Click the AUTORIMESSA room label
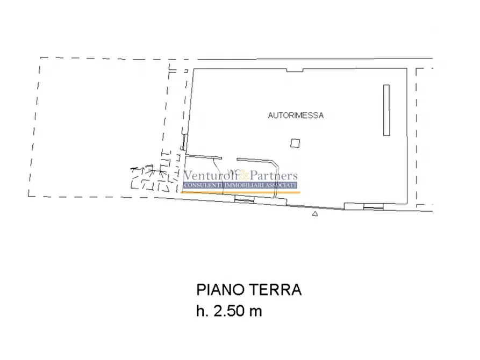pyautogui.click(x=296, y=115)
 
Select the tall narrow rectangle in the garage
pyautogui.click(x=385, y=110)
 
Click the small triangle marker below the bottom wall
pyautogui.click(x=315, y=214)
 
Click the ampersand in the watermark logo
pyautogui.click(x=243, y=175)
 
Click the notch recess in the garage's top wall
pyautogui.click(x=295, y=70)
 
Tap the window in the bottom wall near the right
pyautogui.click(x=372, y=206)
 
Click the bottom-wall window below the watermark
pyautogui.click(x=245, y=199)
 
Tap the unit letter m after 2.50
pyautogui.click(x=255, y=311)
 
